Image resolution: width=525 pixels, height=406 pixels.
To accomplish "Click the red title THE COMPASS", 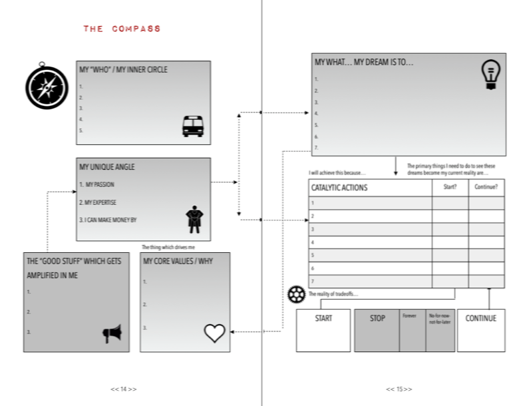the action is [x=122, y=29].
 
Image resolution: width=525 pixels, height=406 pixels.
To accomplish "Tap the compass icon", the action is [x=47, y=87].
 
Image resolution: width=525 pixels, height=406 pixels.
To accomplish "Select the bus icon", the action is [x=193, y=126].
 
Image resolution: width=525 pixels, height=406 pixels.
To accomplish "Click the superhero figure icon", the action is [x=194, y=219].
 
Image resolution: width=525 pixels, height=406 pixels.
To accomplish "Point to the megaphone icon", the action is [x=112, y=333].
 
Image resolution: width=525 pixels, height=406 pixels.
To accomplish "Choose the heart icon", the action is [x=214, y=332].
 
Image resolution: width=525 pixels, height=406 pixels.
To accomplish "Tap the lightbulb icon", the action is [x=490, y=75].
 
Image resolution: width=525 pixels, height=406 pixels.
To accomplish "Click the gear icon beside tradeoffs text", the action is [x=296, y=294].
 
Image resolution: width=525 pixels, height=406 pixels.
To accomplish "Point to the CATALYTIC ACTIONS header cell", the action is [x=339, y=188].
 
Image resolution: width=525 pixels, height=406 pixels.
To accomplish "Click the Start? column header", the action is [x=450, y=187].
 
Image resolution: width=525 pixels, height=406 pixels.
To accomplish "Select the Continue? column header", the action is [x=486, y=187].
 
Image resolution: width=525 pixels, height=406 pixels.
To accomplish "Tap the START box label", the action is [x=323, y=318].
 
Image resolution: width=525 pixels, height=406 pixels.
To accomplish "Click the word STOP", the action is [x=377, y=318].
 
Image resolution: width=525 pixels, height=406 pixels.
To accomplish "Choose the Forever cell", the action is [x=409, y=315].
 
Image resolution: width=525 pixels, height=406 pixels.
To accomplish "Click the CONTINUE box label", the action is [x=480, y=318].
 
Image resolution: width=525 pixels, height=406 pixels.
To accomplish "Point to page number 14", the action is [x=123, y=389].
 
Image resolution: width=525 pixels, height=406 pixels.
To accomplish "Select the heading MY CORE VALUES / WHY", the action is [x=178, y=262].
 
